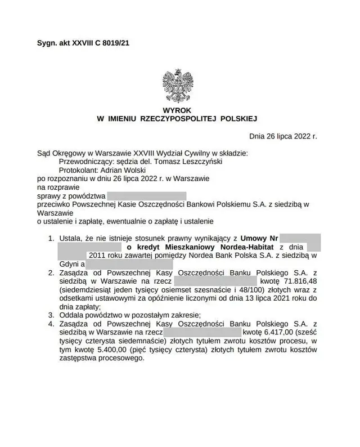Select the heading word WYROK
click(180, 110)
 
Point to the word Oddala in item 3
click(71, 315)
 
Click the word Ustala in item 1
click(70, 239)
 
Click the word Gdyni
click(69, 263)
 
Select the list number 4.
click(51, 324)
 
